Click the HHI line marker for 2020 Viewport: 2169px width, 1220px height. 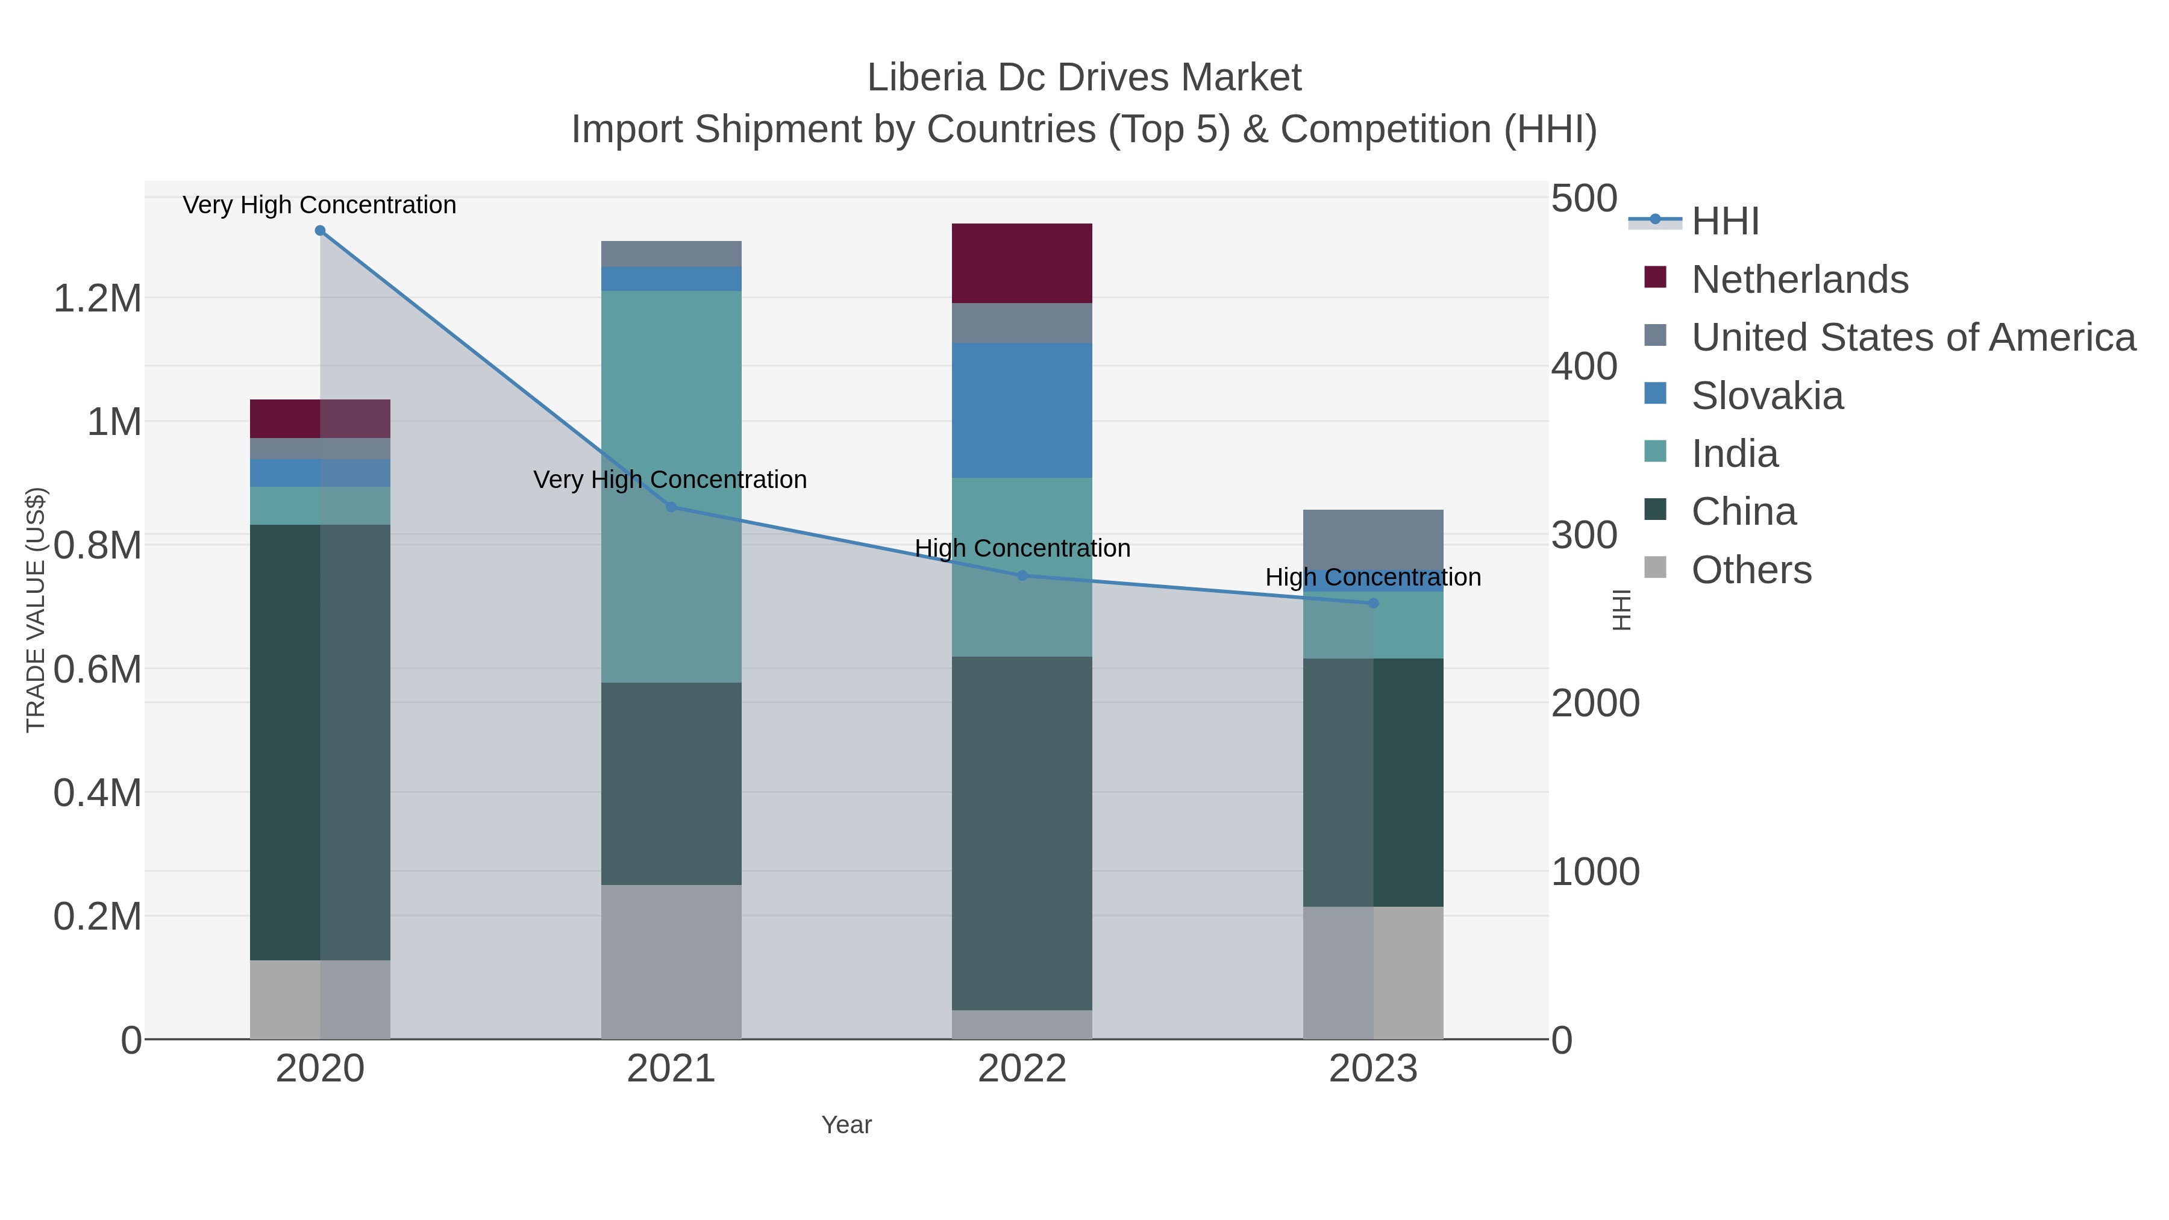click(320, 231)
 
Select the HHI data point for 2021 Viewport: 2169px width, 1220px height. click(671, 507)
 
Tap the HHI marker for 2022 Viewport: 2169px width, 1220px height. click(1022, 576)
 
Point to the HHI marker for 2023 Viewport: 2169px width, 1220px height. click(1373, 603)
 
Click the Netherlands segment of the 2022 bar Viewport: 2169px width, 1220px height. click(1022, 263)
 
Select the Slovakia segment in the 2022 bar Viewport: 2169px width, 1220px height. click(1022, 410)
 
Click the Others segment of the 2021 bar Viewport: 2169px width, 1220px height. click(671, 962)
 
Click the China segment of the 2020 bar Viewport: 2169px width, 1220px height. click(286, 743)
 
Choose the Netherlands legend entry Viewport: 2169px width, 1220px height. click(1798, 280)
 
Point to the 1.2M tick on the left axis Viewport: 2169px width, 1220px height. click(97, 298)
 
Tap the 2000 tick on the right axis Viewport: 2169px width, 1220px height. click(1595, 703)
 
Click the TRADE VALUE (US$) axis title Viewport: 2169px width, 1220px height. click(36, 610)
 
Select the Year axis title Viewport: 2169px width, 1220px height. click(847, 1125)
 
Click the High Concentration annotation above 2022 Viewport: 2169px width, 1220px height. click(1022, 548)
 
